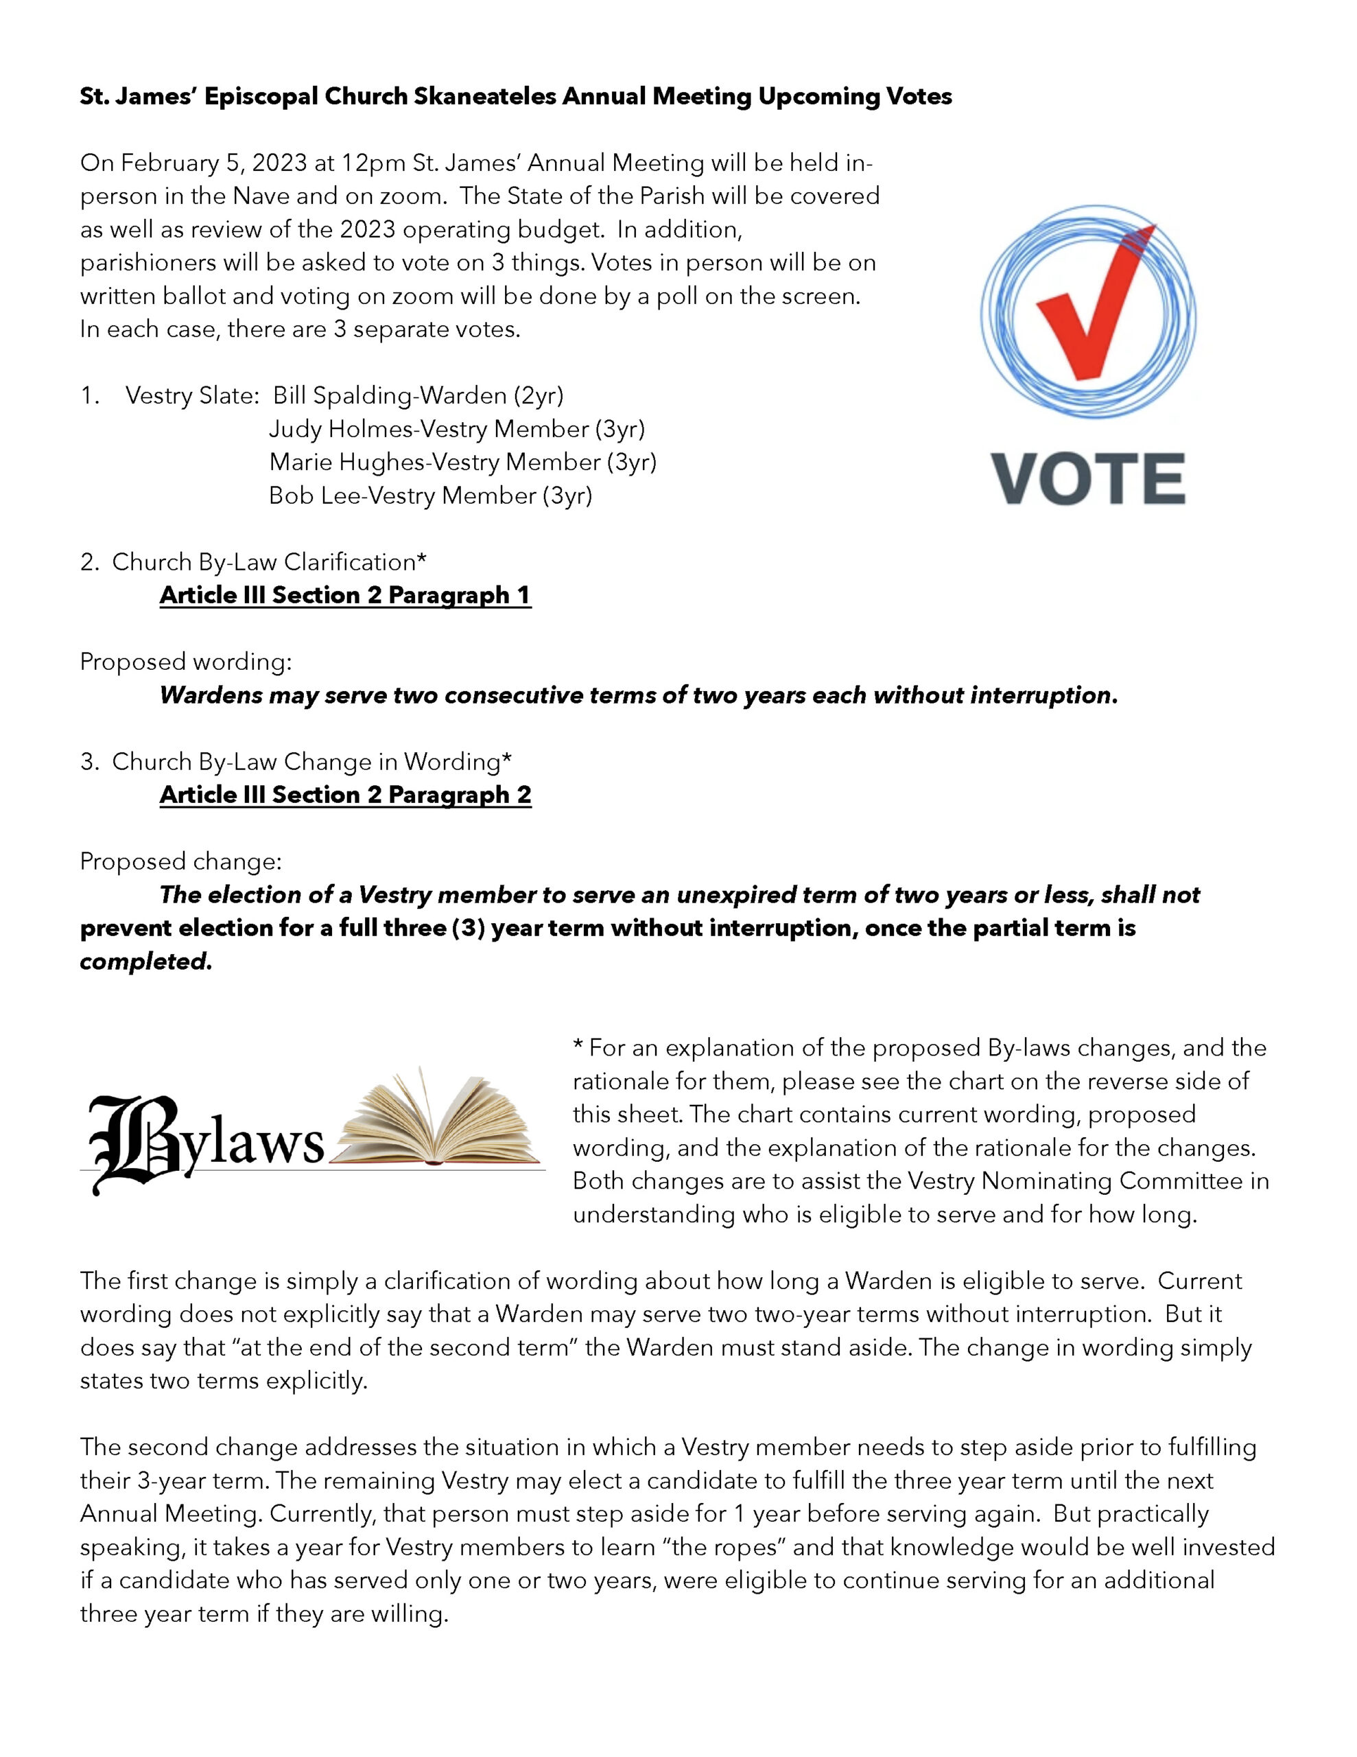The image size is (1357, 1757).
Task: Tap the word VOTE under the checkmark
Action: tap(1087, 480)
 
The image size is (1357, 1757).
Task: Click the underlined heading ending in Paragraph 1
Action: tap(345, 595)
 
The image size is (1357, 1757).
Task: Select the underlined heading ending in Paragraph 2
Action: tap(345, 795)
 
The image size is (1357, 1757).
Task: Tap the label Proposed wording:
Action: tap(186, 662)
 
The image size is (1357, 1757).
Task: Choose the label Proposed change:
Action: tap(181, 861)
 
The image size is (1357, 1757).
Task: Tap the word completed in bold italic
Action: tap(145, 962)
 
